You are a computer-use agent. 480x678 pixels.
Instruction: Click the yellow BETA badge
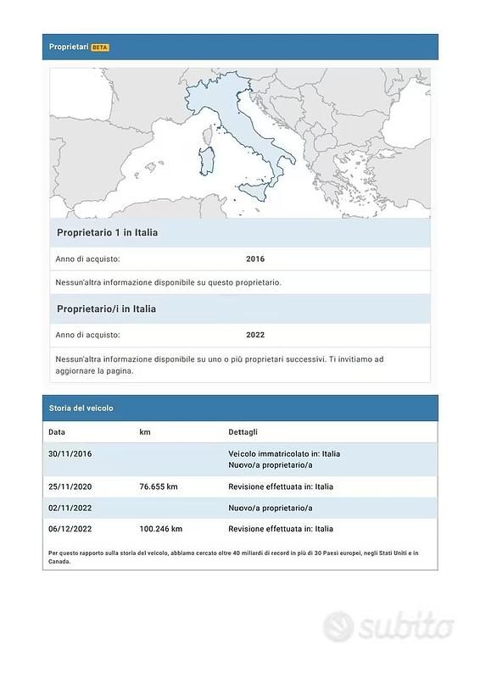tap(100, 47)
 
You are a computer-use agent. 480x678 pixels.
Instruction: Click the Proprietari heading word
tap(68, 47)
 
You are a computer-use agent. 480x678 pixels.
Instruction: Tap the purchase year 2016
tap(255, 258)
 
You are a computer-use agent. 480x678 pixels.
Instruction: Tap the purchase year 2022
tap(255, 335)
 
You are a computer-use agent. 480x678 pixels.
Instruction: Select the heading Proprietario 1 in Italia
tap(107, 232)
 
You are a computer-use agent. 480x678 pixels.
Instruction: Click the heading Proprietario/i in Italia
tap(106, 308)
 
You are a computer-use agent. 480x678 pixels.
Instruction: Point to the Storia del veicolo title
tap(81, 408)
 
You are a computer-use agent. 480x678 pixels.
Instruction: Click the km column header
tap(145, 432)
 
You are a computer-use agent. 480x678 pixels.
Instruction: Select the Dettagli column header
tap(244, 432)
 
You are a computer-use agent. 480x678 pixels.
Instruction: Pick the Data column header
tap(57, 432)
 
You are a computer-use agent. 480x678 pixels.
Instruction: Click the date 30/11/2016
tap(70, 453)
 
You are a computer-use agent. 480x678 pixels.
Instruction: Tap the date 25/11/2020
tap(70, 486)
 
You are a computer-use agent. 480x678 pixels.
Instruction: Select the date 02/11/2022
tap(70, 508)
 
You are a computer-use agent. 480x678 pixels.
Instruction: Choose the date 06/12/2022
tap(70, 529)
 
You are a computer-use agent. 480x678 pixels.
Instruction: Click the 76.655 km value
tap(159, 486)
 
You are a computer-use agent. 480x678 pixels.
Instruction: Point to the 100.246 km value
tap(161, 529)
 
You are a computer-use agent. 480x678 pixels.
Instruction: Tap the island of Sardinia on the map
tap(206, 160)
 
